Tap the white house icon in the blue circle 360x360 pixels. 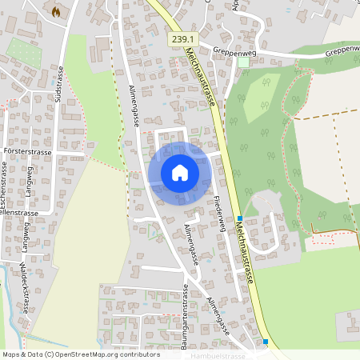click(179, 172)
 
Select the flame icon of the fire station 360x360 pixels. click(55, 12)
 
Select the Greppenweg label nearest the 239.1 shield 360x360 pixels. click(234, 50)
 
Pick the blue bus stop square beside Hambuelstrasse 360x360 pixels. click(266, 342)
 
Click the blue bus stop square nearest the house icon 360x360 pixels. click(239, 218)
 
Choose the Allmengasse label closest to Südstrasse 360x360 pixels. click(134, 106)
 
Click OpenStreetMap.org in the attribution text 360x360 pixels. click(93, 354)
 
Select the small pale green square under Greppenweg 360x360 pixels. click(243, 62)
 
